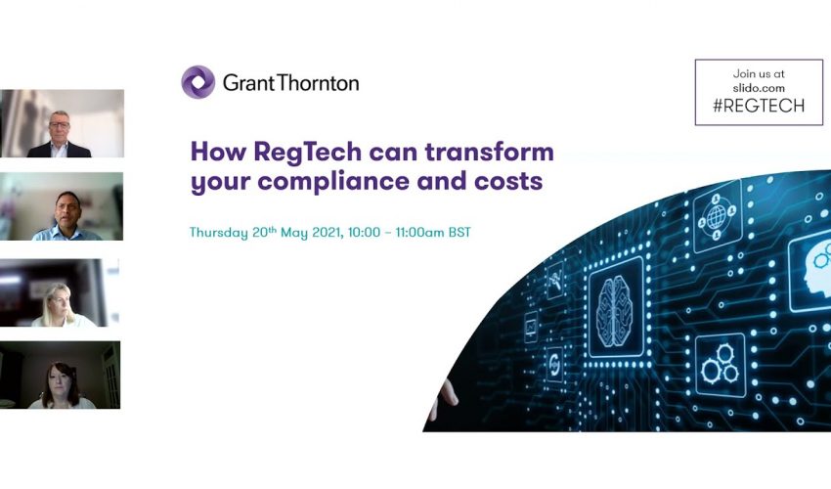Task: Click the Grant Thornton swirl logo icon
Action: [x=197, y=82]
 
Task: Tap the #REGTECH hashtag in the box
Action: [x=759, y=106]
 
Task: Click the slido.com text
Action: [x=759, y=88]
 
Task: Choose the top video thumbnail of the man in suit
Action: [x=62, y=123]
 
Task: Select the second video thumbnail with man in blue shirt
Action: [x=62, y=206]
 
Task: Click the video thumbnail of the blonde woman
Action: [x=62, y=292]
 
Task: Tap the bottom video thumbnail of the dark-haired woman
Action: [x=61, y=375]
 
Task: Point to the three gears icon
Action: [x=720, y=365]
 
